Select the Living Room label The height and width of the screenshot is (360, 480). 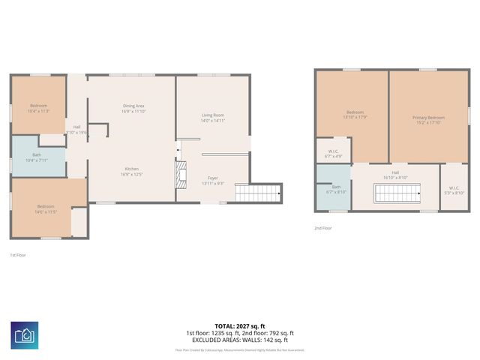[213, 118]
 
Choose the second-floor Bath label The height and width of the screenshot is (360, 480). [336, 189]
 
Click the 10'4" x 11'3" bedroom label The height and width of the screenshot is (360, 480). [38, 108]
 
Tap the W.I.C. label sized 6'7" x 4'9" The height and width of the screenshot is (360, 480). [334, 154]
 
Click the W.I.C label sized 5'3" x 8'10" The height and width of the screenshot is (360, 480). [454, 190]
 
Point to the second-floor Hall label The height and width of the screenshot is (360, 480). [394, 175]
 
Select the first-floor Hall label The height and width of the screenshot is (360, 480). [76, 129]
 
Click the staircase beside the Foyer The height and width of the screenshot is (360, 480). [257, 192]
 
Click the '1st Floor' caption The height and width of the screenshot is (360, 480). [19, 255]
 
